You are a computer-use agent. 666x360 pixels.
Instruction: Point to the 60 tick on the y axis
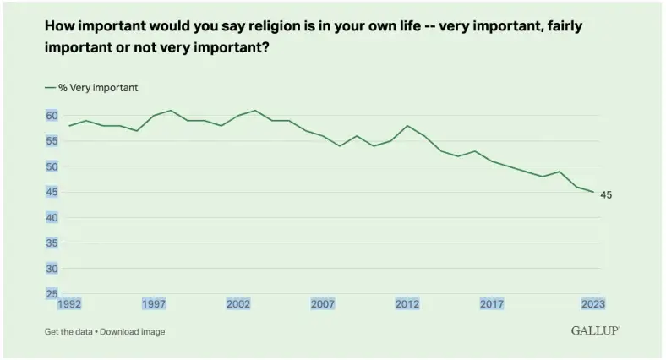52,116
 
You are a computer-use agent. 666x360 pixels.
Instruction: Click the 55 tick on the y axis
52,141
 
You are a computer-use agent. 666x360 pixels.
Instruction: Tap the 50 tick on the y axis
52,166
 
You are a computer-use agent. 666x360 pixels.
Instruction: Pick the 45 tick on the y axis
52,193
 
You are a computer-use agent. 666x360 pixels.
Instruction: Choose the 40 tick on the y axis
52,218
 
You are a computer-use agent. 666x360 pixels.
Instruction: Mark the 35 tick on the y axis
52,243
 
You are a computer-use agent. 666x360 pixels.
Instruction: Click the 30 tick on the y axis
52,269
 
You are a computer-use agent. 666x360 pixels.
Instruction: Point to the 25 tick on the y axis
52,294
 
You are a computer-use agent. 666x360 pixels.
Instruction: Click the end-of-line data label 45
606,195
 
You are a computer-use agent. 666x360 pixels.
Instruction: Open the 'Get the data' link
69,332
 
